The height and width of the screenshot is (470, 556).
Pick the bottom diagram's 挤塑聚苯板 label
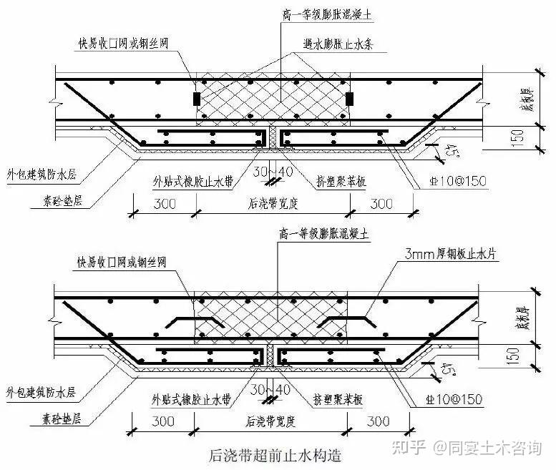tap(341, 181)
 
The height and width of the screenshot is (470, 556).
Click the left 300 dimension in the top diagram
tap(164, 203)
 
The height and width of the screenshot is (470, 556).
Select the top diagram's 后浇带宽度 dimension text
tap(270, 204)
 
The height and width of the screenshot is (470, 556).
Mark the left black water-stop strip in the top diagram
tap(197, 99)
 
